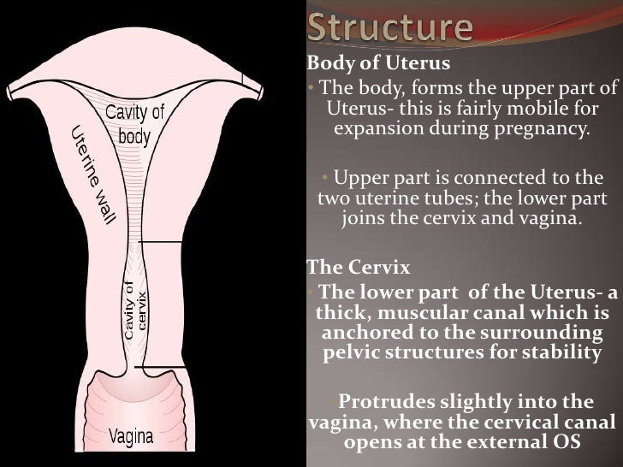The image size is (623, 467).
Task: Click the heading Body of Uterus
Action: [x=367, y=63]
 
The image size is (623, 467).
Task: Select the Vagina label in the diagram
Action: [x=131, y=436]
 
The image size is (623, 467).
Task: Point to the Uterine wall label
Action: [x=92, y=175]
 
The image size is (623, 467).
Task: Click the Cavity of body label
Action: [x=134, y=124]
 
